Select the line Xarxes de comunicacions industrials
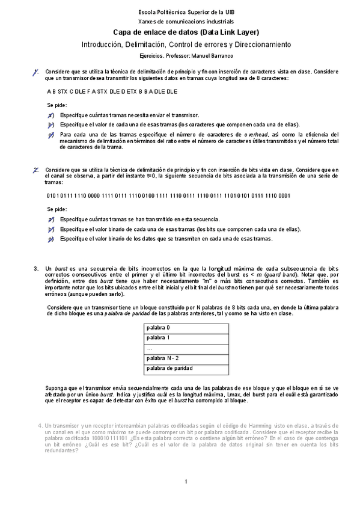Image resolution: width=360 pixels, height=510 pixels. tap(186, 20)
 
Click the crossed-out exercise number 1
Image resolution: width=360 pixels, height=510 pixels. tap(37, 72)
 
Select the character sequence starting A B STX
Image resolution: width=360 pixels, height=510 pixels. tap(112, 91)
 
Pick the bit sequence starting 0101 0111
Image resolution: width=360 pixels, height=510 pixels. tap(168, 195)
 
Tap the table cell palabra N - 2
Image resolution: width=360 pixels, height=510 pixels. tap(160, 358)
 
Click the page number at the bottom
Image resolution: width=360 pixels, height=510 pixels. tap(186, 481)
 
